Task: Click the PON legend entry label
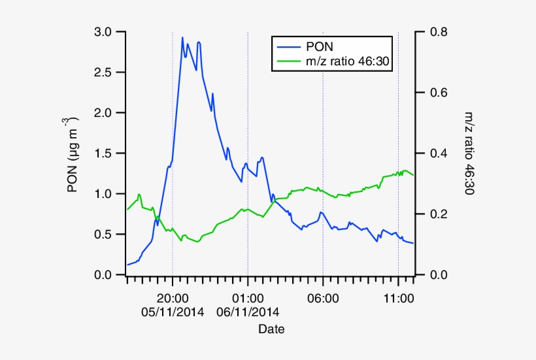(x=319, y=46)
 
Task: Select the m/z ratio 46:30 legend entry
(x=348, y=61)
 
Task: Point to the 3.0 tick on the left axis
(x=104, y=32)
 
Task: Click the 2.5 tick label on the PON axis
(x=104, y=73)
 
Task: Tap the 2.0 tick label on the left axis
(x=104, y=113)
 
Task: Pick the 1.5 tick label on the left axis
(x=104, y=154)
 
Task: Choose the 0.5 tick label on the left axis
(x=104, y=235)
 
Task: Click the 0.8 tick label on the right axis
(x=437, y=32)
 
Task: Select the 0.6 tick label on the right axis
(x=437, y=93)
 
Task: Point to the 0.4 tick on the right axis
(x=437, y=154)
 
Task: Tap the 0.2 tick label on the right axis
(x=437, y=214)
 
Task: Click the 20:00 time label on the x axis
(x=173, y=298)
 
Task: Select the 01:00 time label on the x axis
(x=248, y=298)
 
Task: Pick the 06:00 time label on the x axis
(x=323, y=298)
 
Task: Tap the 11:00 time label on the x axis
(x=398, y=298)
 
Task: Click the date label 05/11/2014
(x=173, y=312)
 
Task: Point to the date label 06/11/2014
(x=248, y=312)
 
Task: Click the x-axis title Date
(x=271, y=329)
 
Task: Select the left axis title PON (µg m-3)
(x=73, y=154)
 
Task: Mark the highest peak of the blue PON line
(x=182, y=38)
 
